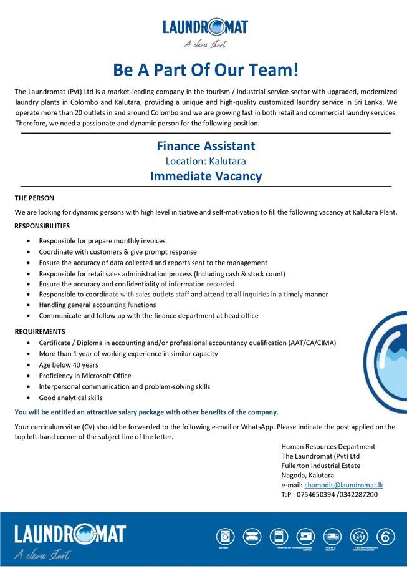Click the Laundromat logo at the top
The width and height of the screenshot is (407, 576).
click(205, 32)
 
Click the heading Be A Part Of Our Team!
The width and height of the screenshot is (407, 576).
click(205, 69)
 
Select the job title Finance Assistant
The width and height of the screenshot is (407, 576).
click(206, 146)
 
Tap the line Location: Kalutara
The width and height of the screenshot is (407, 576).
click(206, 161)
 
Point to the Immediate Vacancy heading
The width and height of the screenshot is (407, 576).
click(206, 176)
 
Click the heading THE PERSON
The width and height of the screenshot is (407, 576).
click(34, 198)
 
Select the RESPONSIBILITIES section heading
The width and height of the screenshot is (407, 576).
click(42, 226)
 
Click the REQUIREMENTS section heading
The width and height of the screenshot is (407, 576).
click(40, 331)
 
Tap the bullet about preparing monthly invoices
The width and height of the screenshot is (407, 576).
click(102, 241)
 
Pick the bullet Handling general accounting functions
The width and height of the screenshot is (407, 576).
click(97, 305)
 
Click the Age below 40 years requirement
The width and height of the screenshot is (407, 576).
click(69, 364)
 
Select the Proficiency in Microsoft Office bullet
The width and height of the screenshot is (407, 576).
click(85, 376)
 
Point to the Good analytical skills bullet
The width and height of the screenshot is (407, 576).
click(70, 398)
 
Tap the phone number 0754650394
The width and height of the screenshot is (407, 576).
click(315, 495)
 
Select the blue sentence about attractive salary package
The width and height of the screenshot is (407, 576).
click(146, 412)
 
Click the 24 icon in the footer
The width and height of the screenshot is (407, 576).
click(359, 535)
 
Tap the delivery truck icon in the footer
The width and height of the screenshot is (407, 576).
click(332, 535)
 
